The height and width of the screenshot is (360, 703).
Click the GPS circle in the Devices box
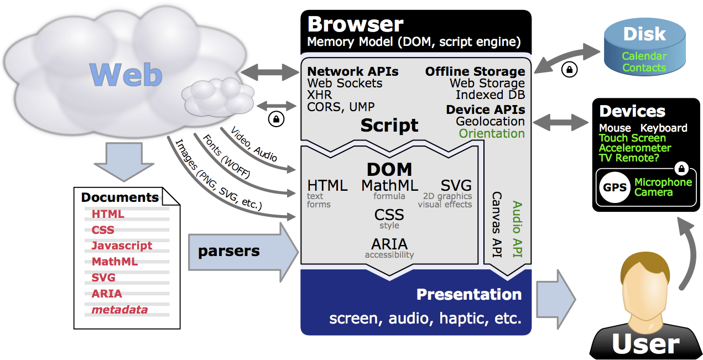coord(615,187)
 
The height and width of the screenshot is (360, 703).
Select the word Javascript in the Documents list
coord(122,246)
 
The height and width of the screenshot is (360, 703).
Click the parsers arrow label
coord(229,251)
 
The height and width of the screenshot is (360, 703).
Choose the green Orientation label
coord(492,133)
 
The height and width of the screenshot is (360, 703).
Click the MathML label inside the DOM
coord(389,186)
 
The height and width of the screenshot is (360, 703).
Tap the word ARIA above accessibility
coord(389,244)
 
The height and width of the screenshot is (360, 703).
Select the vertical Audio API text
coord(518,230)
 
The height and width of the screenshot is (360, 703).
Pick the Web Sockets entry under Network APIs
coord(345,84)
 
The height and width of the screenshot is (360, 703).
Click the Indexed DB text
coord(490,95)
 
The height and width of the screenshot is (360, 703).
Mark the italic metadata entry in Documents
coord(119,310)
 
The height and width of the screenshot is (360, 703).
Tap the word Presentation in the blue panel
coord(468,294)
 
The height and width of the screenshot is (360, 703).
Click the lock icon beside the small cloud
coord(275,118)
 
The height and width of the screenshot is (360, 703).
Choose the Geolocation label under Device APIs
coord(490,121)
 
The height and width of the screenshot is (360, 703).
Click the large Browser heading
coord(356,24)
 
